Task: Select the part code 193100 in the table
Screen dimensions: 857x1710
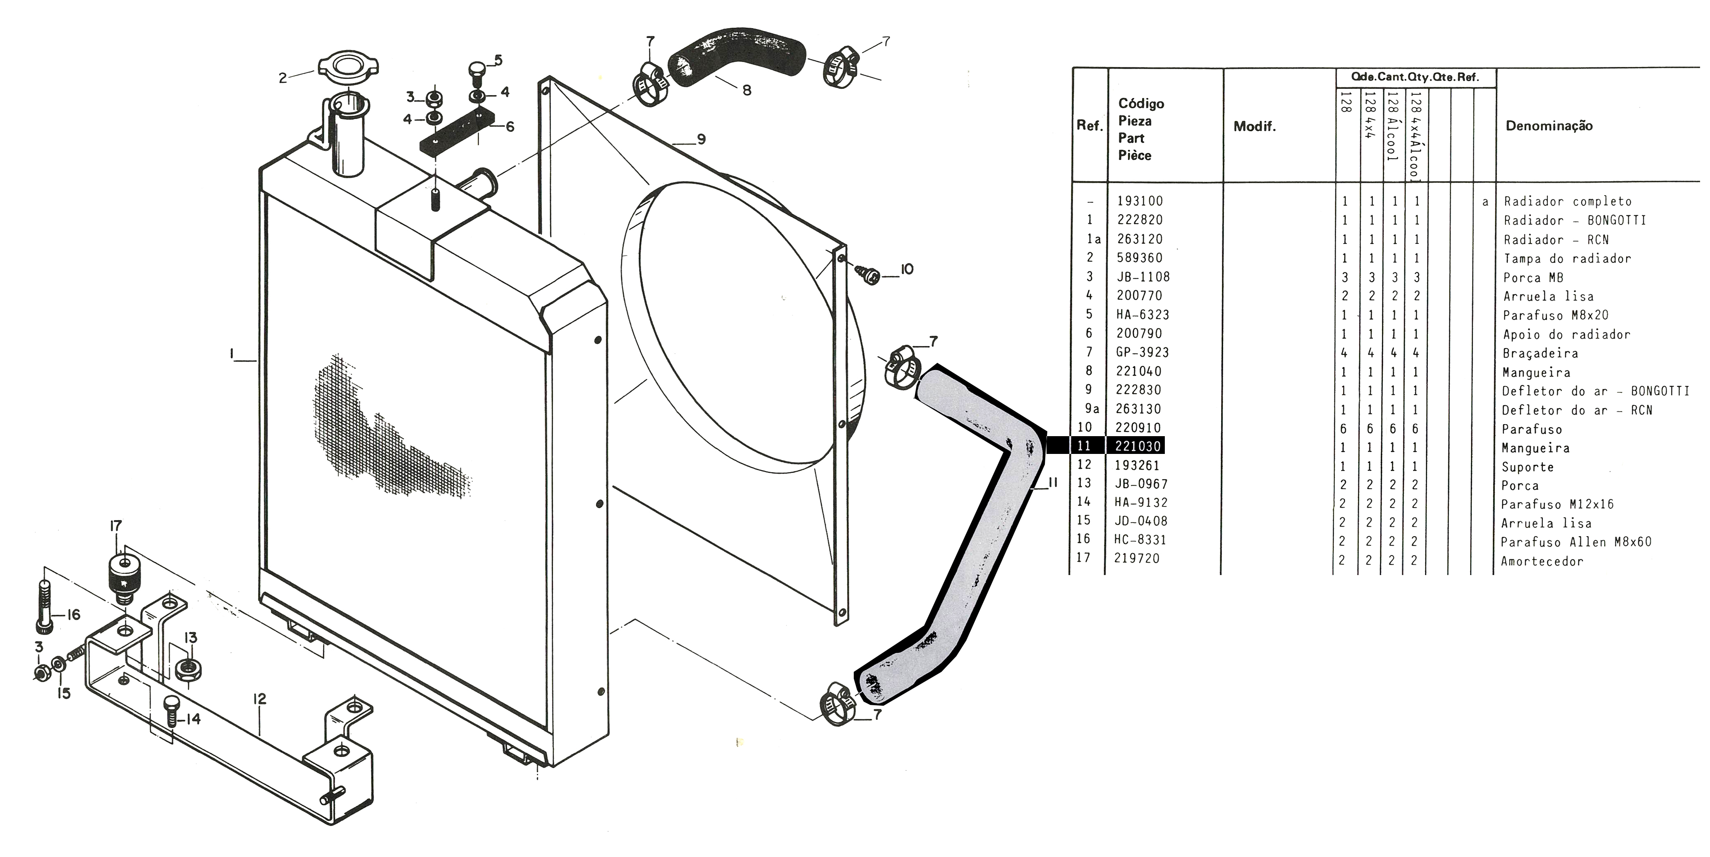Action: (1140, 201)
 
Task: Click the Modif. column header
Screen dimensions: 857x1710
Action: (1254, 127)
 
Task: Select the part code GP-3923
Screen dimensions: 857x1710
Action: (1142, 352)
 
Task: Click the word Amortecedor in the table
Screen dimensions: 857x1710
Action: (1541, 561)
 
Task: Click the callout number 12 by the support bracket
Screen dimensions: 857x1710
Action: (259, 699)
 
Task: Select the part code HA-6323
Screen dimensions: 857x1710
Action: (1142, 315)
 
